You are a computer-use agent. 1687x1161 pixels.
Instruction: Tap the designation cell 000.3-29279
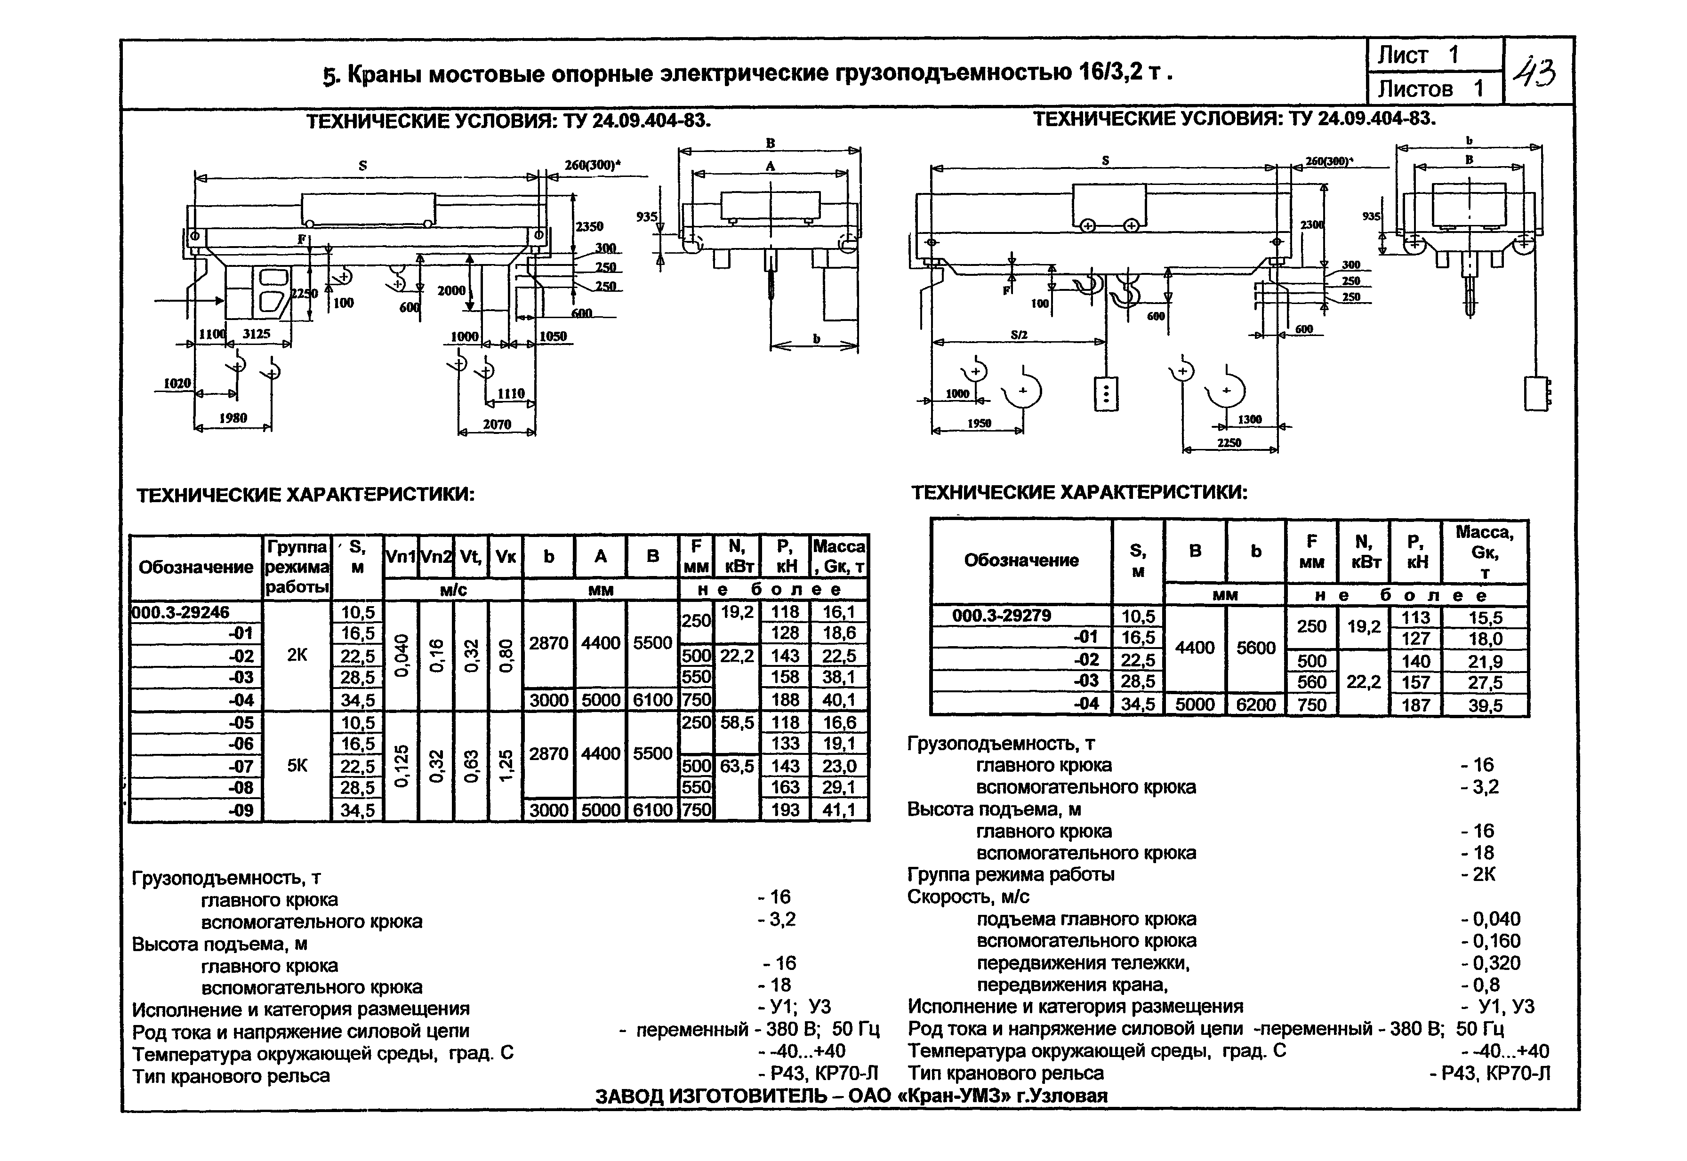click(x=1001, y=616)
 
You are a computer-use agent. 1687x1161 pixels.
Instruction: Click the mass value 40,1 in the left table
click(x=839, y=700)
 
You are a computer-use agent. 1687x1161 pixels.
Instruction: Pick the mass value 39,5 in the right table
click(x=1485, y=705)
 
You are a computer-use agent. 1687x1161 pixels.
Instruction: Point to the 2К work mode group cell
click(x=297, y=655)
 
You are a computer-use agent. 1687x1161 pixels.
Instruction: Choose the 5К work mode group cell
click(x=297, y=765)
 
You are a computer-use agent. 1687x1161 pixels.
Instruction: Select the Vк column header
click(x=506, y=556)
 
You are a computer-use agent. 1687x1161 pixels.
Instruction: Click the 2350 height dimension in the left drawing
click(x=589, y=226)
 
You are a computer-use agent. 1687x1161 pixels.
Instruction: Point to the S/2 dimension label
click(x=1019, y=335)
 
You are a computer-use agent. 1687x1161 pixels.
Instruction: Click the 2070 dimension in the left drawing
click(x=497, y=424)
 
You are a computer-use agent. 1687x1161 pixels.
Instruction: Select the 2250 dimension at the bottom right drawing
click(x=1229, y=442)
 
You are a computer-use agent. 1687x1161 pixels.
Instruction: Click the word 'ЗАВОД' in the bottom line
click(x=628, y=1096)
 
